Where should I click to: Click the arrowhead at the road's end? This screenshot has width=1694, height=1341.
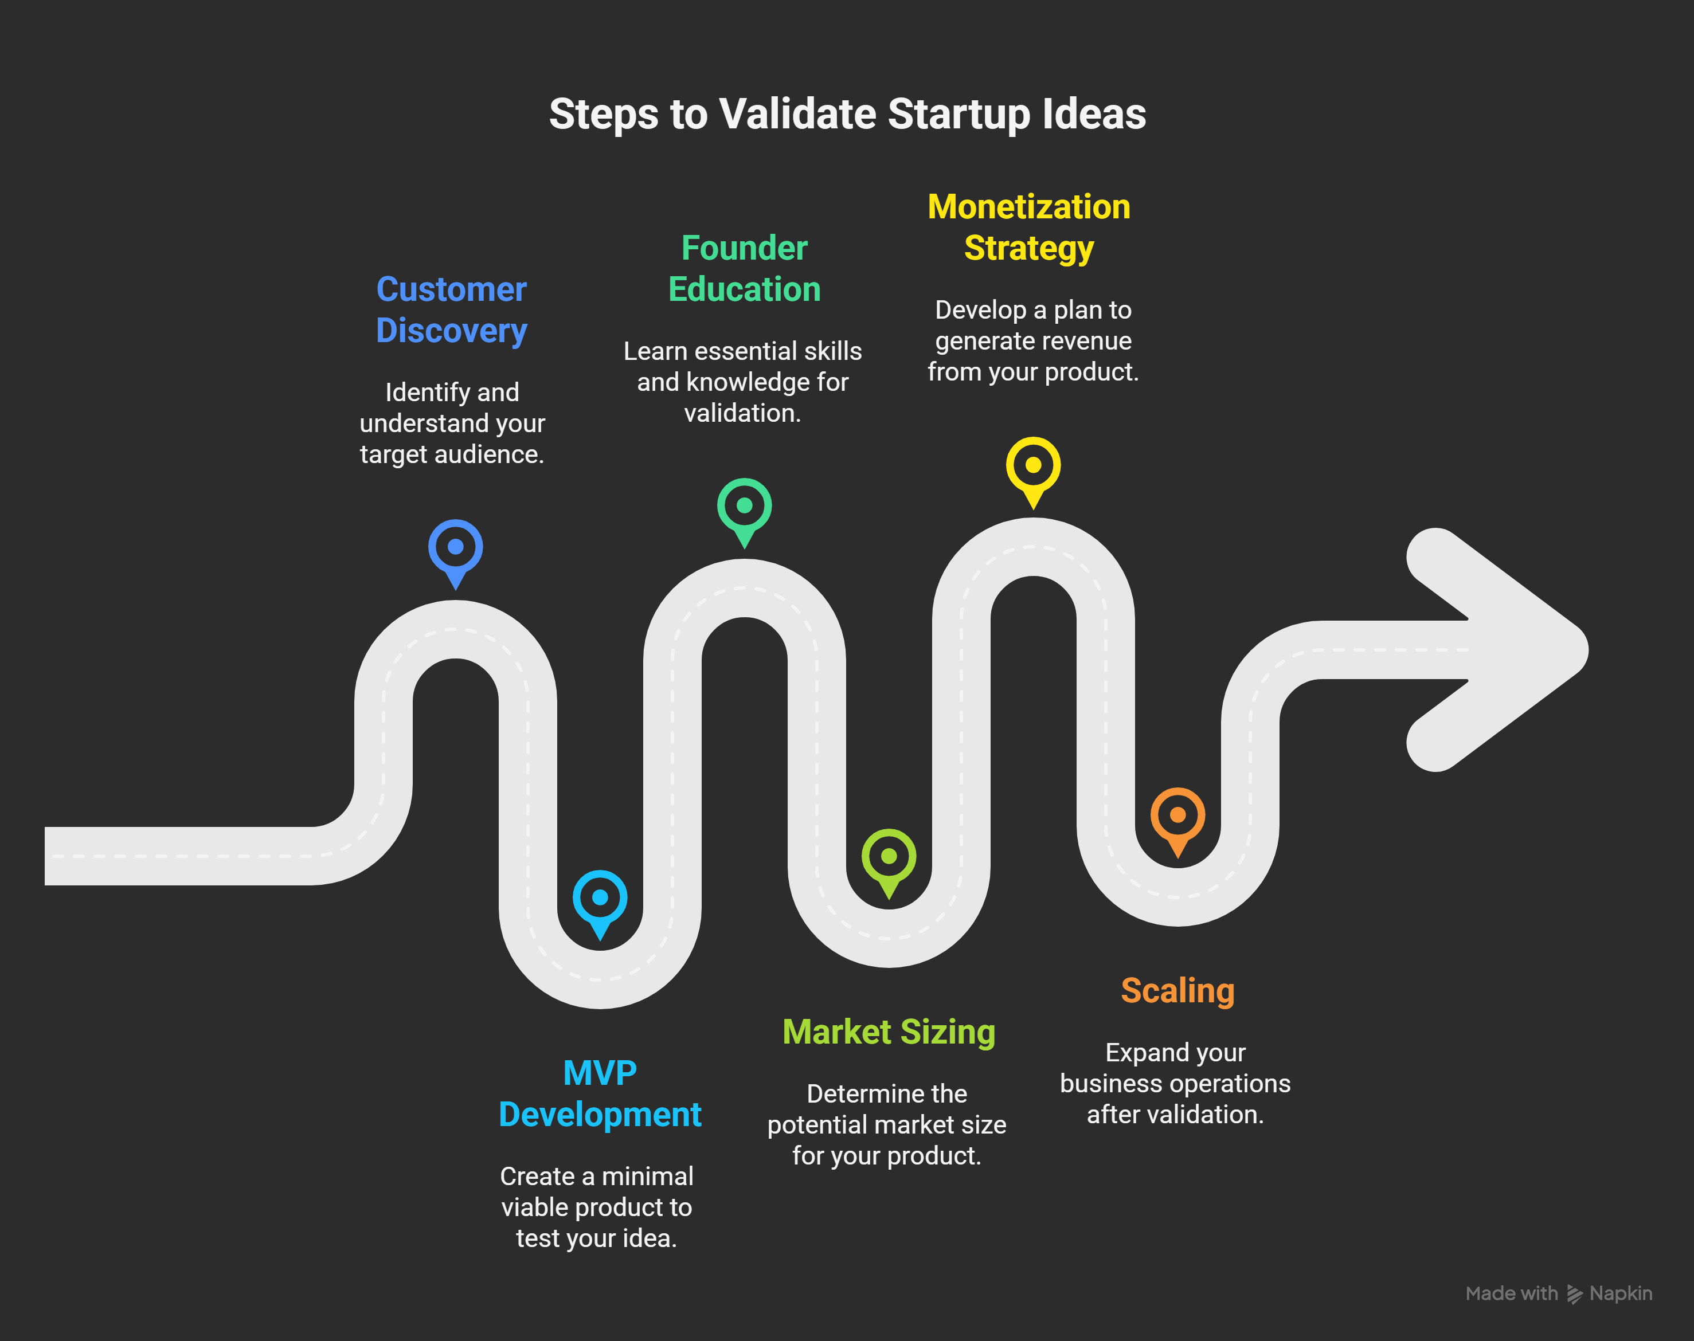1492,650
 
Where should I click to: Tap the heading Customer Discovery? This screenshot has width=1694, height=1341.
452,310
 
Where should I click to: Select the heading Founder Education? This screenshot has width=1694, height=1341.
745,269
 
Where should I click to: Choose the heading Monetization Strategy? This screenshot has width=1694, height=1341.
1029,228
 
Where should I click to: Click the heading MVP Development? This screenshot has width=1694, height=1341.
600,1093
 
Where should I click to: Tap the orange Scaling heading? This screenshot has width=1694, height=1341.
1177,991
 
